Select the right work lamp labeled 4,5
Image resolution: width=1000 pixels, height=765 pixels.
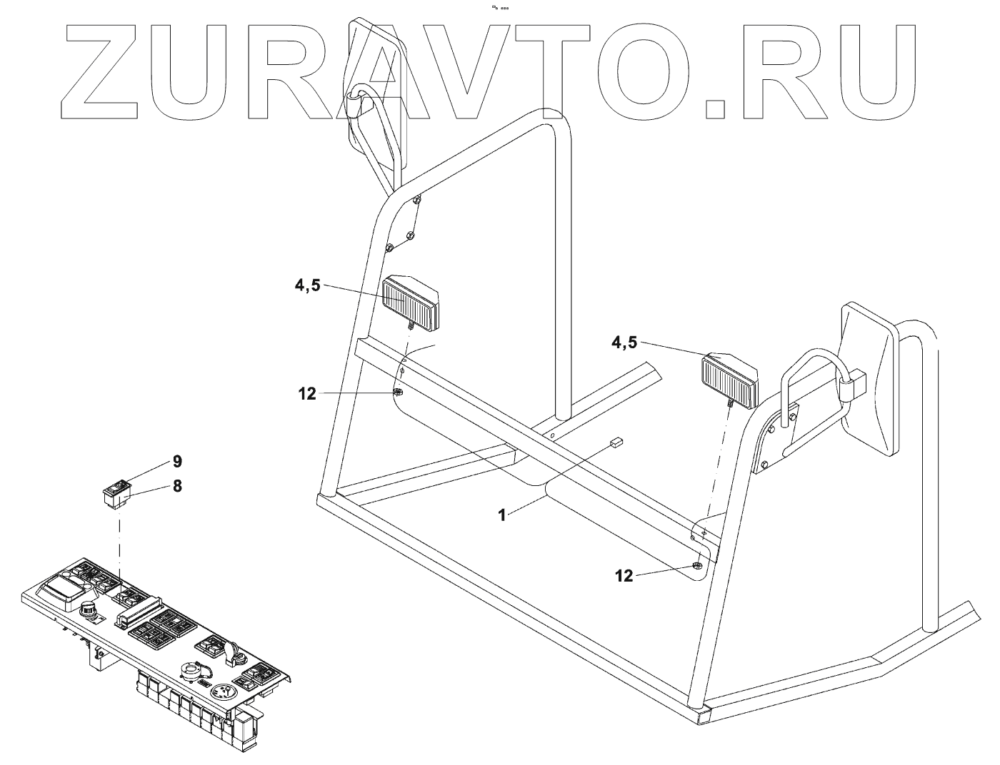pyautogui.click(x=729, y=380)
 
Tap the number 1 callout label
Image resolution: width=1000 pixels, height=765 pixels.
pyautogui.click(x=502, y=515)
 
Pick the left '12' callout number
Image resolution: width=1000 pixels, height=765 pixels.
pyautogui.click(x=307, y=393)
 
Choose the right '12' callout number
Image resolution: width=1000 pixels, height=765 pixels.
pyautogui.click(x=624, y=576)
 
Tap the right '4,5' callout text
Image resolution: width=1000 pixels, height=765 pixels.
pyautogui.click(x=624, y=343)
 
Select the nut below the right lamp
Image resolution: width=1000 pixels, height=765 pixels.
pyautogui.click(x=697, y=567)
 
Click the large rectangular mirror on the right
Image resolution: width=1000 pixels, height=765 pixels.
pyautogui.click(x=866, y=378)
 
